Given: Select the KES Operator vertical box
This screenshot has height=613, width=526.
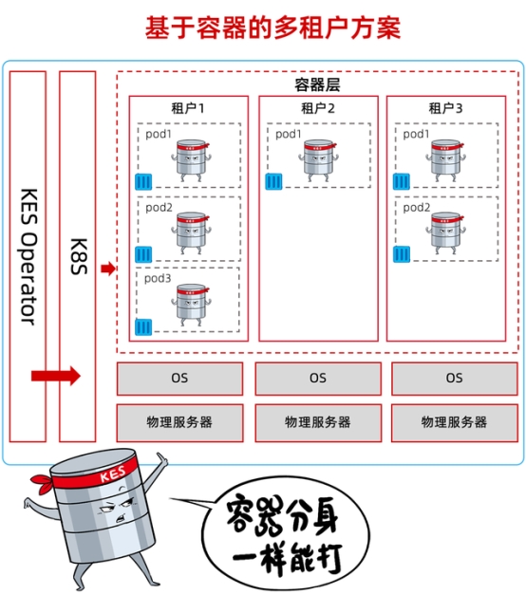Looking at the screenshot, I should [x=28, y=256].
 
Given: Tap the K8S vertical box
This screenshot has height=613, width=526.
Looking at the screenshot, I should [x=78, y=256].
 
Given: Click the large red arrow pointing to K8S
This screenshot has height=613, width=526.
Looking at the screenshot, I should [x=56, y=377].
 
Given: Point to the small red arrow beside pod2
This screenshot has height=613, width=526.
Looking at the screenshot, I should [x=107, y=269].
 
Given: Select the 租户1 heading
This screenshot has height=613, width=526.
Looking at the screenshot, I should [x=187, y=108].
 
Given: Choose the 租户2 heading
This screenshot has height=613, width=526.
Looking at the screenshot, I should [x=318, y=108].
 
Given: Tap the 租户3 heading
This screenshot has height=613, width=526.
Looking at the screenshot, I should [x=445, y=108].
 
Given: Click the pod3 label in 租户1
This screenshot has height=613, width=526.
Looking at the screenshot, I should [x=159, y=278].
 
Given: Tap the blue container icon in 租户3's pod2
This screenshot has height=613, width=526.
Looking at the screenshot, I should [x=402, y=253].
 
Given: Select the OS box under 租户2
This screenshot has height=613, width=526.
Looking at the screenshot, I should [x=318, y=378].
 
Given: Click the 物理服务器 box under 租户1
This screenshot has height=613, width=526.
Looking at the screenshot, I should [x=179, y=421].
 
